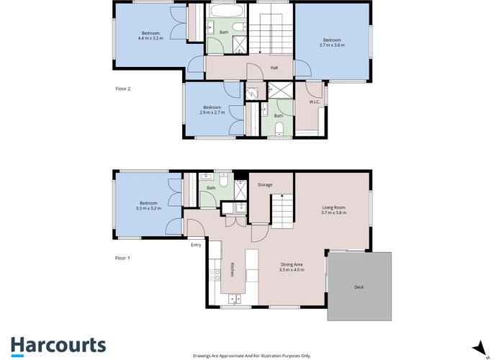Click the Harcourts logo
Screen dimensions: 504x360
pos(58,346)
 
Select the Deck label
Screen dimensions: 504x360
pos(359,287)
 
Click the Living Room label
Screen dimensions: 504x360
pos(333,207)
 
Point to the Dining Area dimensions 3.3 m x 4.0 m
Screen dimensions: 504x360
pos(292,270)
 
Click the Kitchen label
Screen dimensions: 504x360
pos(233,269)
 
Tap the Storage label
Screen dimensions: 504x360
pos(265,184)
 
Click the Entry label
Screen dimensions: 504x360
pos(196,245)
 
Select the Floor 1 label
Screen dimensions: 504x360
pos(122,258)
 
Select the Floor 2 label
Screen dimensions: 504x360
pos(123,89)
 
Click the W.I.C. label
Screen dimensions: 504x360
pos(315,102)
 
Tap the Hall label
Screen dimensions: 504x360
pos(274,68)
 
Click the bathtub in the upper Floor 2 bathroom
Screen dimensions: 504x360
pos(226,10)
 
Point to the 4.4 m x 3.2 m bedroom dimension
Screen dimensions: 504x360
pos(150,38)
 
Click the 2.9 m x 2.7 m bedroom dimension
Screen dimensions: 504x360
pos(212,112)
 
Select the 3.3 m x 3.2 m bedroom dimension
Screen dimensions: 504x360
pos(148,208)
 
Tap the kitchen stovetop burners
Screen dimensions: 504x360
pos(215,275)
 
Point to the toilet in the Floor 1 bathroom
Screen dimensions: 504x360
pos(224,180)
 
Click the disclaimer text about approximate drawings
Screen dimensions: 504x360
pos(252,356)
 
